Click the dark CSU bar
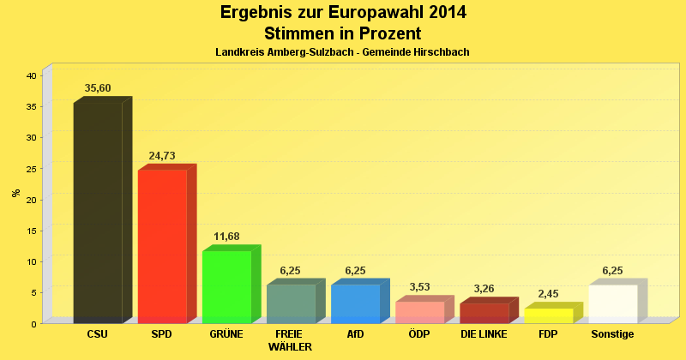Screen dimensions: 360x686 pos(98,212)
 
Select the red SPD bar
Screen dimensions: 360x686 pos(162,246)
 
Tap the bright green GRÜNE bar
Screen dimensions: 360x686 pos(226,286)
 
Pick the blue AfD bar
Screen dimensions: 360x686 pos(355,303)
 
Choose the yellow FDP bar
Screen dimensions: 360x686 pos(548,315)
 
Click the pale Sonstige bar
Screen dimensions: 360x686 pos(612,303)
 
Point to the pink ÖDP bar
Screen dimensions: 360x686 pos(419,312)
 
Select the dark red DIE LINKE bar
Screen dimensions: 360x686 pos(484,313)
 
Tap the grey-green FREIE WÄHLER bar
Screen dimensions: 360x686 pos(291,303)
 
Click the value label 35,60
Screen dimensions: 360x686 pos(98,88)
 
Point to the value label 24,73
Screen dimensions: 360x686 pos(162,156)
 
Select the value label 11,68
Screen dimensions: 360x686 pos(226,237)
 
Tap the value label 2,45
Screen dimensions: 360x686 pos(548,294)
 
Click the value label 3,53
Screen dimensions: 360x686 pos(419,287)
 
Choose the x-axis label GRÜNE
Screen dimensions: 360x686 pos(226,333)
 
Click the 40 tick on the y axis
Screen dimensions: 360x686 pos(31,75)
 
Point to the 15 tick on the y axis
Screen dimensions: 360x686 pos(31,231)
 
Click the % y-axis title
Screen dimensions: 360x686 pos(16,192)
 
